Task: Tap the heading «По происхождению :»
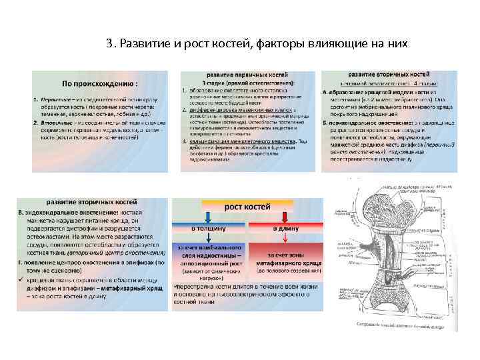point(100,84)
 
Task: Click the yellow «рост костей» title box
point(247,207)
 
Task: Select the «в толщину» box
point(208,229)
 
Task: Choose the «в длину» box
point(285,229)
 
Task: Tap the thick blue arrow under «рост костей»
point(209,217)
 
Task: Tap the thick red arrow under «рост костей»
point(285,217)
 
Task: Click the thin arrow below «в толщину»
point(208,239)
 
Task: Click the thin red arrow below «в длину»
point(285,239)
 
